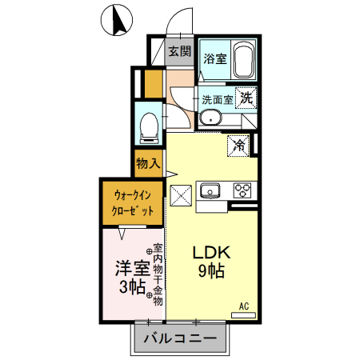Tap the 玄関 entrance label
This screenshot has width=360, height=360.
(x=180, y=53)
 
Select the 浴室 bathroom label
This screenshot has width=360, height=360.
(x=214, y=58)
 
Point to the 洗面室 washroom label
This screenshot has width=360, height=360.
(x=217, y=100)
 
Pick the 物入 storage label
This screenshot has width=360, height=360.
(x=149, y=164)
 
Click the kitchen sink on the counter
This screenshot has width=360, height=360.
(x=211, y=190)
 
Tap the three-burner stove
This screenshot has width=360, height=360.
(x=242, y=190)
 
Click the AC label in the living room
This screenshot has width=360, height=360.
(x=244, y=306)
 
